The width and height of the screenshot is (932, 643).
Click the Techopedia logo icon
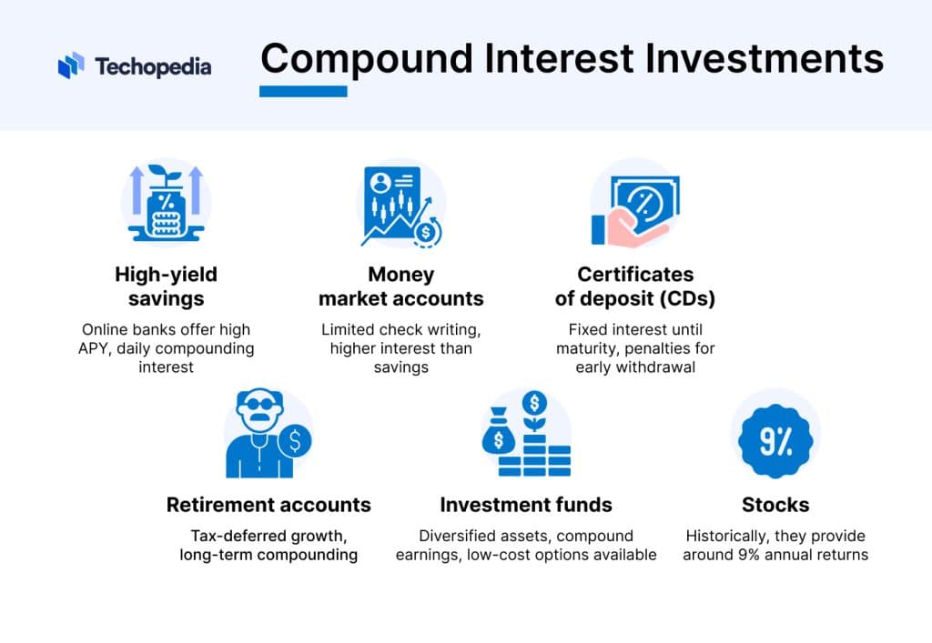pyautogui.click(x=71, y=65)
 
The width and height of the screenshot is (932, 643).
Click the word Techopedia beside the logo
pyautogui.click(x=152, y=66)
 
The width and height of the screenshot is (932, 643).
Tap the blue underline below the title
pyautogui.click(x=303, y=91)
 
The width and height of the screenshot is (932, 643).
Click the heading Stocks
pyautogui.click(x=775, y=505)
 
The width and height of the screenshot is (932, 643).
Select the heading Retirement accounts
pyautogui.click(x=268, y=505)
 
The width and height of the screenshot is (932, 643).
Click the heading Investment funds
pyautogui.click(x=526, y=505)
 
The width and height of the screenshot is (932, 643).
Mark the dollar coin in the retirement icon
pyautogui.click(x=295, y=441)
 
